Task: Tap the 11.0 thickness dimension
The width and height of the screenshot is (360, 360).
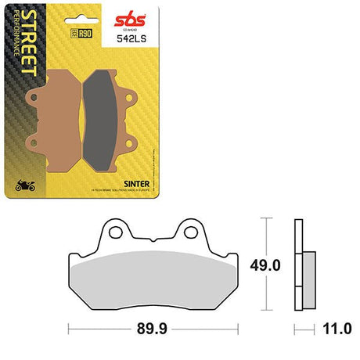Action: [337, 328]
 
